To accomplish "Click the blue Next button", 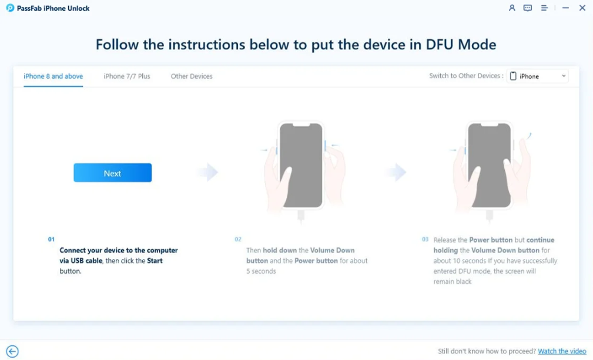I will pyautogui.click(x=112, y=173).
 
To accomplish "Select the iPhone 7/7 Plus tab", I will pyautogui.click(x=127, y=76).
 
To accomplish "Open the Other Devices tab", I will pyautogui.click(x=192, y=76).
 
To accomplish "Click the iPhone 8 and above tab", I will pyautogui.click(x=53, y=76).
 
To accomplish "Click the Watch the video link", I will pyautogui.click(x=562, y=351).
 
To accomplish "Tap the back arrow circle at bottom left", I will pyautogui.click(x=12, y=351).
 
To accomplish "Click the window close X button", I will pyautogui.click(x=582, y=8).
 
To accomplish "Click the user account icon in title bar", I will pyautogui.click(x=512, y=8).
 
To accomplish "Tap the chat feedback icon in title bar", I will pyautogui.click(x=528, y=8).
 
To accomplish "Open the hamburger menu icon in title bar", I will pyautogui.click(x=545, y=8).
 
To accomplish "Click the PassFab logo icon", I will pyautogui.click(x=10, y=8).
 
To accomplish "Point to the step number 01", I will pyautogui.click(x=51, y=240).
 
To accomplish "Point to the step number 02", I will pyautogui.click(x=238, y=240).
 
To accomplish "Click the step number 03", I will pyautogui.click(x=425, y=240).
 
